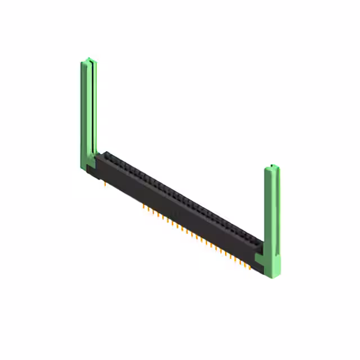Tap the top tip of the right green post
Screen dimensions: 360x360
[272, 166]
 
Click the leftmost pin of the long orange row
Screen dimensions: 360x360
[144, 207]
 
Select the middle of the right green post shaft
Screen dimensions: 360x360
[272, 214]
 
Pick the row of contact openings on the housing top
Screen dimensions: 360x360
[180, 197]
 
